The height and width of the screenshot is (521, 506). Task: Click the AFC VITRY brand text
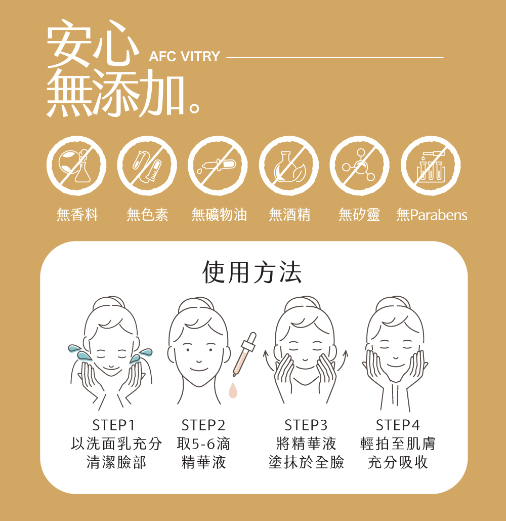tap(184, 57)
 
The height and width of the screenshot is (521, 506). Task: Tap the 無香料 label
tap(77, 215)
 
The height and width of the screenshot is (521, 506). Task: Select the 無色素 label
tap(147, 215)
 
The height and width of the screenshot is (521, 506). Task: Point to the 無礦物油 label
tap(219, 215)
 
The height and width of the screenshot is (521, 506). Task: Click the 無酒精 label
tap(289, 215)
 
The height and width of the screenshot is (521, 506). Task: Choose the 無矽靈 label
tap(359, 215)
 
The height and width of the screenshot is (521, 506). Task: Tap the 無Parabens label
tap(432, 215)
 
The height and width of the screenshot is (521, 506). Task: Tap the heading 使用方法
tap(252, 272)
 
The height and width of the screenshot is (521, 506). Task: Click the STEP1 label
tap(113, 425)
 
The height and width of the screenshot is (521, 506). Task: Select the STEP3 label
tap(306, 425)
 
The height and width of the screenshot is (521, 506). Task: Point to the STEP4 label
tap(397, 425)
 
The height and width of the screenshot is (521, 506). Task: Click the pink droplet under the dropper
tap(233, 390)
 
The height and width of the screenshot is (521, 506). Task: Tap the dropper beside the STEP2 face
tap(244, 354)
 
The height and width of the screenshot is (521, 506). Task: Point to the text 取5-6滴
tap(203, 444)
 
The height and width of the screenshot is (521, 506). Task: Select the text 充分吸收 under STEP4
tap(398, 462)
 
